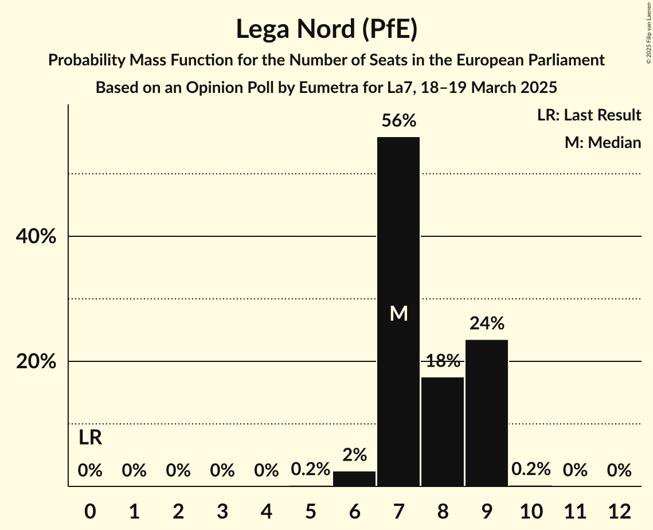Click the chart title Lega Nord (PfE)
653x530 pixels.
(x=326, y=29)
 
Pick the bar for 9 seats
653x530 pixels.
(x=487, y=413)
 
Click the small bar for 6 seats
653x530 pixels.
(x=354, y=479)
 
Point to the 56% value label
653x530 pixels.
(x=398, y=121)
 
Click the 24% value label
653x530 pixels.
(x=487, y=324)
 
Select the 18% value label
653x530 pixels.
(x=443, y=361)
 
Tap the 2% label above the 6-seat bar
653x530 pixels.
(x=354, y=455)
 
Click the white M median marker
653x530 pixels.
(x=398, y=314)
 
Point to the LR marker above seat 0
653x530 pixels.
(x=90, y=438)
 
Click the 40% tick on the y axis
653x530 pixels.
(x=36, y=236)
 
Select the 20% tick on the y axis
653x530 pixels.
(x=36, y=362)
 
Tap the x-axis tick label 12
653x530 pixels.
(x=619, y=510)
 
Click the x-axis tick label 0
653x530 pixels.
(x=90, y=510)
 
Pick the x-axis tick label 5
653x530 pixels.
(x=310, y=510)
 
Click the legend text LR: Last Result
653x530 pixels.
(x=589, y=115)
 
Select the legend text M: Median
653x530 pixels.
(x=603, y=142)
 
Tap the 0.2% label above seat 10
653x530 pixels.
(x=531, y=469)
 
